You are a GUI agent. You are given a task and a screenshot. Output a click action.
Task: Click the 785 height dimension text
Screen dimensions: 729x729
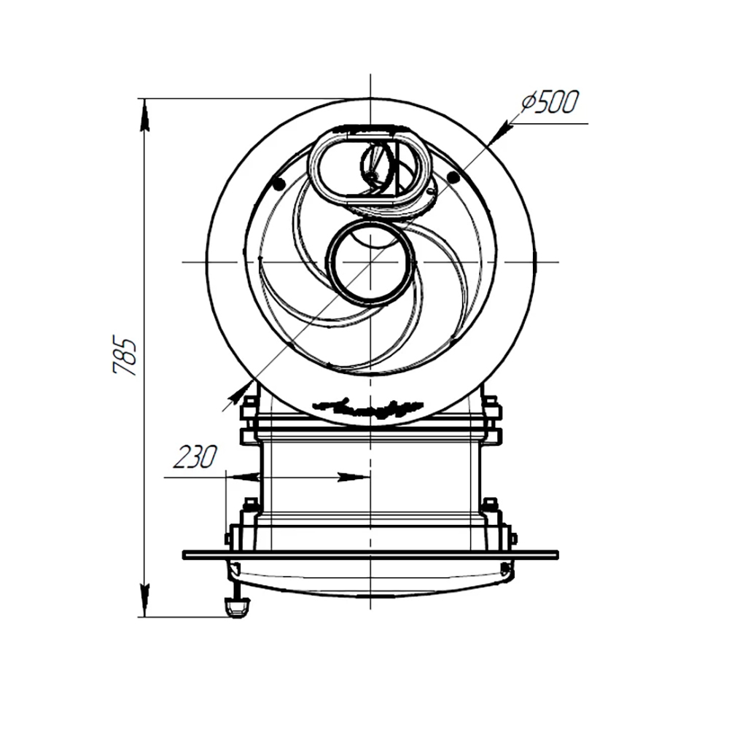point(125,356)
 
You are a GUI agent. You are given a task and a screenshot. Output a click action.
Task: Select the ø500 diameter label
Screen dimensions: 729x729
point(550,103)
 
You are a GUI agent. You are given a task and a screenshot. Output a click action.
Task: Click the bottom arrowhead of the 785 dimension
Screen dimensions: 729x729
point(145,599)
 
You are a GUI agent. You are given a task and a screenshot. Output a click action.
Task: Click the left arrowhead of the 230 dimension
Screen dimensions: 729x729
point(243,477)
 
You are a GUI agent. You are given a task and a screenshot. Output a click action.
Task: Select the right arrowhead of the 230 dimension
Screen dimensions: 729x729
point(354,477)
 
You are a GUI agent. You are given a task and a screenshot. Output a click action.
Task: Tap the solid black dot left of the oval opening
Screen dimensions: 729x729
point(278,184)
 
